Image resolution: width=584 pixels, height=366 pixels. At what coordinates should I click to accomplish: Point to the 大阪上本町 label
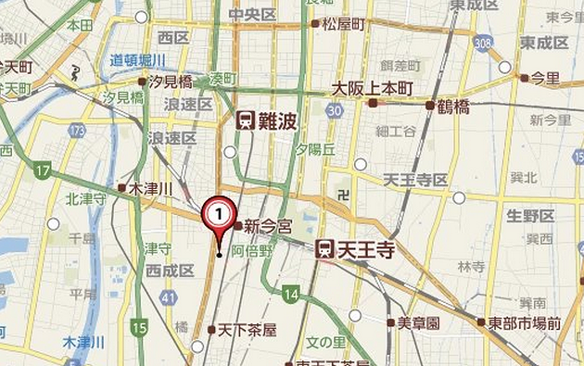(x=374, y=90)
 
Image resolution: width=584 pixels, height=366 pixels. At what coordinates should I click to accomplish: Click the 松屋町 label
(x=342, y=23)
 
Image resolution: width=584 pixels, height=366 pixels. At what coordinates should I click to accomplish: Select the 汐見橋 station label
(x=170, y=82)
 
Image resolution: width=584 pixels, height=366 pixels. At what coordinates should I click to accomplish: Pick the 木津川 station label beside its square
(x=149, y=188)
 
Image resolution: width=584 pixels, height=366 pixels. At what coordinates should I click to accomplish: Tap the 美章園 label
(x=418, y=322)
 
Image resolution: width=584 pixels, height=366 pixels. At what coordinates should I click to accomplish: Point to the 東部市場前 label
(x=527, y=322)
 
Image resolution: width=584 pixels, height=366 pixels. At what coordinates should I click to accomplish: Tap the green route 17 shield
(x=43, y=170)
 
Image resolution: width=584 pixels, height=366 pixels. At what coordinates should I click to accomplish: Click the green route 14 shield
(x=291, y=296)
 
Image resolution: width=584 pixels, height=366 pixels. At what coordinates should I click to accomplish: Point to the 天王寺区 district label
(x=416, y=179)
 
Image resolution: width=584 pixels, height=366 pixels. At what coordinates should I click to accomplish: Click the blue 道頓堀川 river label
(x=138, y=59)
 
